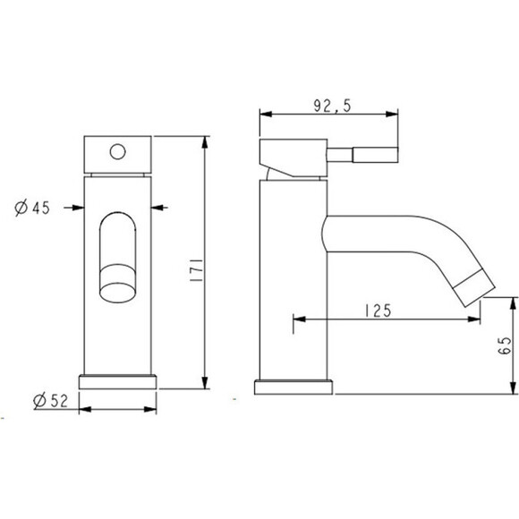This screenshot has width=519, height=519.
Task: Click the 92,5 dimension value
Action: click(x=332, y=106)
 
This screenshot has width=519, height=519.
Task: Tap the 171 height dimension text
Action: click(x=197, y=270)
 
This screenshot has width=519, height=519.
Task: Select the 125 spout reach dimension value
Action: click(x=378, y=311)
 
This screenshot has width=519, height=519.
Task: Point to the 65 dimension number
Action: click(x=504, y=346)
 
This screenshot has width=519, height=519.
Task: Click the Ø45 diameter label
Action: click(x=32, y=208)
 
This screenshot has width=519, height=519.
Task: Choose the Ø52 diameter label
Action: click(x=51, y=401)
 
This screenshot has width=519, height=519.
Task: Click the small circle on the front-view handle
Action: click(x=117, y=152)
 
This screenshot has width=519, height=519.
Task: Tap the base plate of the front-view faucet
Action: click(x=117, y=381)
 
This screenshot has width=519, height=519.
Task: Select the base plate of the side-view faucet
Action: click(x=294, y=387)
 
